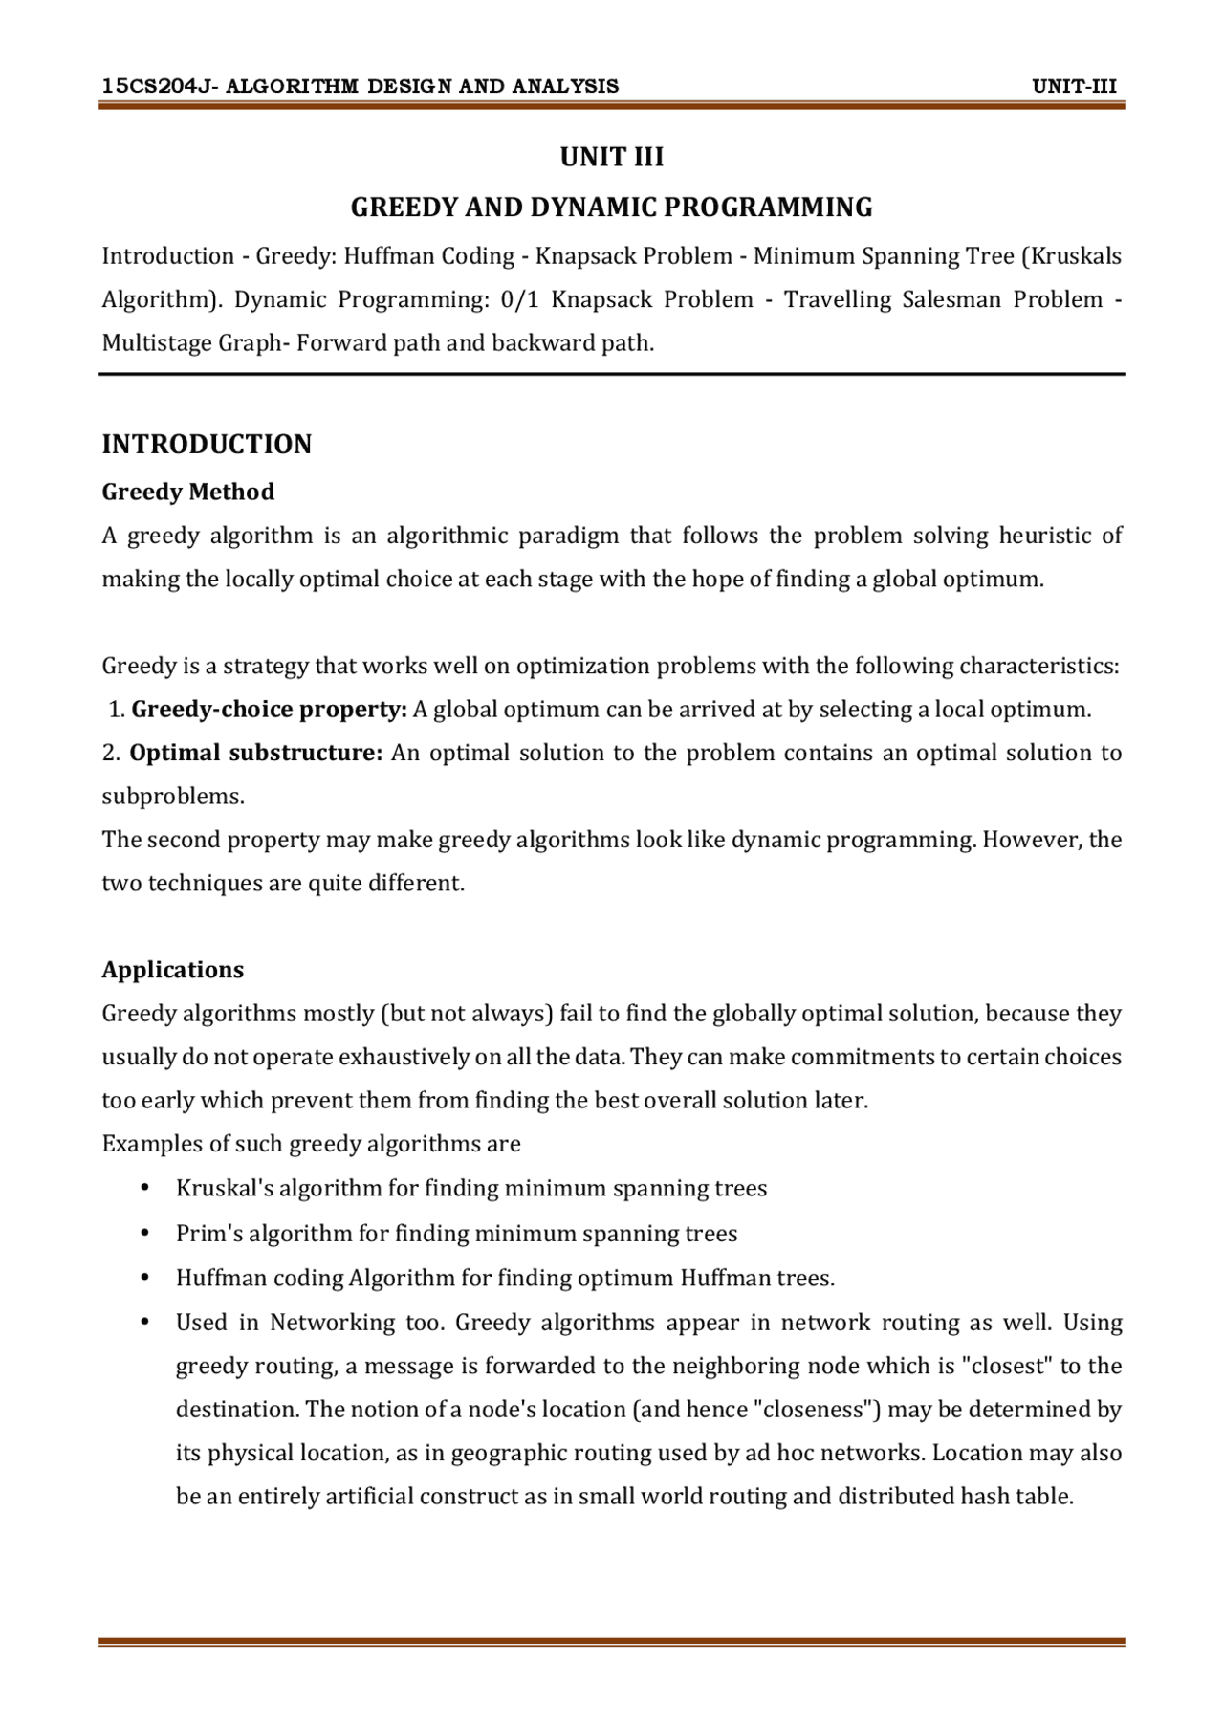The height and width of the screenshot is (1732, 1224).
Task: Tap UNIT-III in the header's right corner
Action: (1074, 87)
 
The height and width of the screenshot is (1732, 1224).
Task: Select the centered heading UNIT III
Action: (611, 157)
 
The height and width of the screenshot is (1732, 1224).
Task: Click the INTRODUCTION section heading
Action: (207, 445)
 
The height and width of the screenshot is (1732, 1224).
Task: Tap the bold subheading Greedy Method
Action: (187, 492)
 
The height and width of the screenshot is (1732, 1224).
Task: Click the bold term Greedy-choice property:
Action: (269, 710)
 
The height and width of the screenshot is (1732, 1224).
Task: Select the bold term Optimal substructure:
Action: (256, 753)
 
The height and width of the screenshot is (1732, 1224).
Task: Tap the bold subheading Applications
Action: (172, 970)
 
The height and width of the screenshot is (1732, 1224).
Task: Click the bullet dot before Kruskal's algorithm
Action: (145, 1188)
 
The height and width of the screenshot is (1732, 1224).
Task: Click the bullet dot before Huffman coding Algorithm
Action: (145, 1278)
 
